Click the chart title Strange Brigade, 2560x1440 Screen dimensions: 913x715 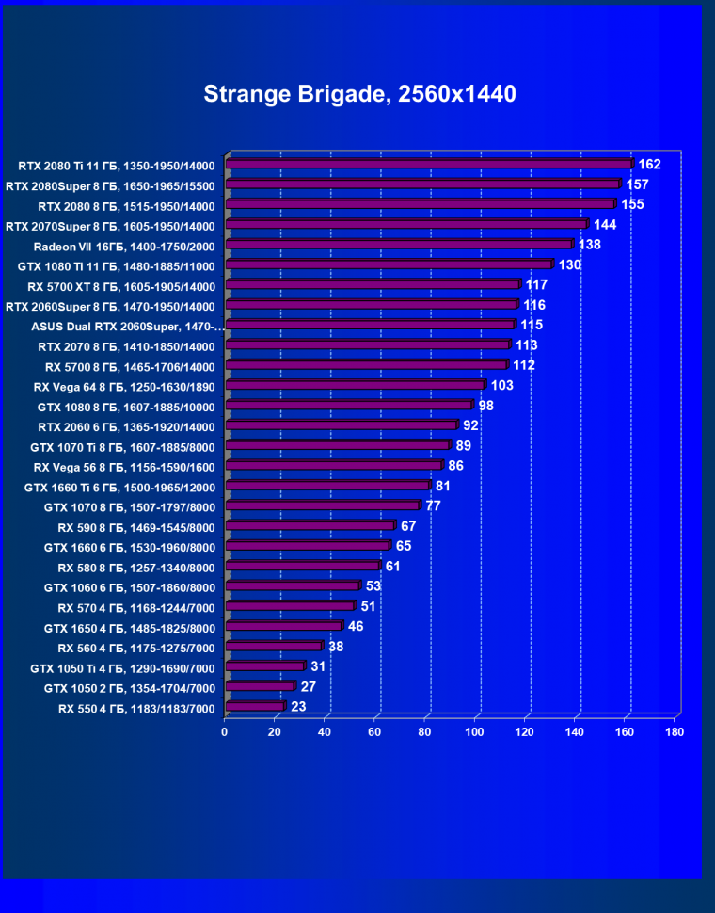tap(359, 94)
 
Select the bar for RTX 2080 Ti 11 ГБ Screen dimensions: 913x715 tap(428, 164)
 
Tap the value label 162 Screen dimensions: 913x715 tap(649, 165)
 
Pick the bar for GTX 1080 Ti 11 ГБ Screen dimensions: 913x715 tap(389, 264)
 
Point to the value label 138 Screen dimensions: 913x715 tap(589, 245)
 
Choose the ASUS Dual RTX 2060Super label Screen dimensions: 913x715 tap(128, 327)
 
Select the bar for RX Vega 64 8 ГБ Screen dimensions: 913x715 tap(355, 385)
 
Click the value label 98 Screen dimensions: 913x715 tap(485, 406)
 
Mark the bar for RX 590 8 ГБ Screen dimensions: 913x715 tap(310, 525)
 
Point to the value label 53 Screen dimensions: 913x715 tap(373, 586)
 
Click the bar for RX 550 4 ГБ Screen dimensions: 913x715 tap(254, 706)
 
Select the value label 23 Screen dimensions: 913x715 tap(298, 707)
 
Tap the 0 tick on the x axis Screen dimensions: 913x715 tap(225, 731)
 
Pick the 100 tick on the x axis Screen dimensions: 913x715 tap(474, 731)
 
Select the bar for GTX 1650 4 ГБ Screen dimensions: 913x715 tap(283, 626)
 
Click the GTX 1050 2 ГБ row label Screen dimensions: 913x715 tap(130, 688)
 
